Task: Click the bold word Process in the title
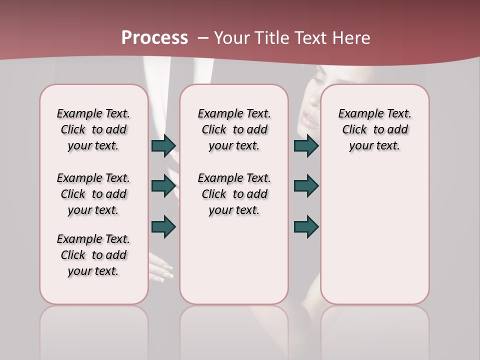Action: coord(154,38)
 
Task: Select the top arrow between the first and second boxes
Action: coord(163,146)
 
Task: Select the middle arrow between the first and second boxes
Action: coord(163,186)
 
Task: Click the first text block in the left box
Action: coord(93,129)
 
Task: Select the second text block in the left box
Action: coord(93,194)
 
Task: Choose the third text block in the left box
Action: coord(93,255)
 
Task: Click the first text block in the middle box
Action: coord(234,129)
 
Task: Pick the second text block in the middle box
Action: coord(234,194)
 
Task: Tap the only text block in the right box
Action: coord(374,129)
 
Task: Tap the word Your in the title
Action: coord(232,38)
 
